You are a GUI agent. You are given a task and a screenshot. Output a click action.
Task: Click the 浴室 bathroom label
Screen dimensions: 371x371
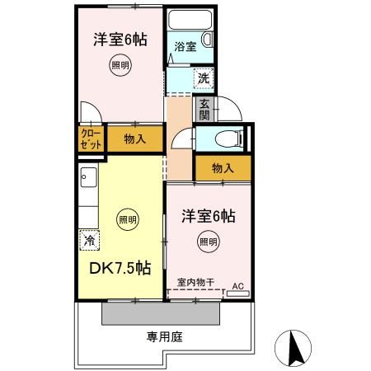[185, 48]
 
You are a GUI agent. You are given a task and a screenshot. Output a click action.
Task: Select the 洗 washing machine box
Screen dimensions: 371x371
[202, 78]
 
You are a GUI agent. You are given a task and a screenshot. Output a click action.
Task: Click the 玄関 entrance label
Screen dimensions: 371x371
[203, 109]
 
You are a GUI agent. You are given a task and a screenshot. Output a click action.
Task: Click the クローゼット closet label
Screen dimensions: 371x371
[91, 139]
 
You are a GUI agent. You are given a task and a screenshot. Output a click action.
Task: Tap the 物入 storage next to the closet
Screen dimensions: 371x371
[134, 139]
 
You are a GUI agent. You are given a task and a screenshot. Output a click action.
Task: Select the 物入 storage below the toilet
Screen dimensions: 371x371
[223, 167]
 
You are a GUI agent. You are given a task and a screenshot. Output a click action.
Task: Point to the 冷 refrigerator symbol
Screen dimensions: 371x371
[88, 241]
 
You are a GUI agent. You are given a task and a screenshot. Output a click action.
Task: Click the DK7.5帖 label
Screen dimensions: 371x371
[120, 267]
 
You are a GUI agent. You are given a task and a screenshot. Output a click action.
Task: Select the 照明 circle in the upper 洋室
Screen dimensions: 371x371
[121, 67]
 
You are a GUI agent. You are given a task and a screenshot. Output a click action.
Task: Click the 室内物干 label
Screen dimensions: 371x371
[194, 284]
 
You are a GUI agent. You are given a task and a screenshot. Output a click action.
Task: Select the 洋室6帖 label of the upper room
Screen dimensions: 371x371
[120, 39]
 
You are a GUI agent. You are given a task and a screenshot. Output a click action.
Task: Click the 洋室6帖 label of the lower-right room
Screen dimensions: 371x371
[209, 216]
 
